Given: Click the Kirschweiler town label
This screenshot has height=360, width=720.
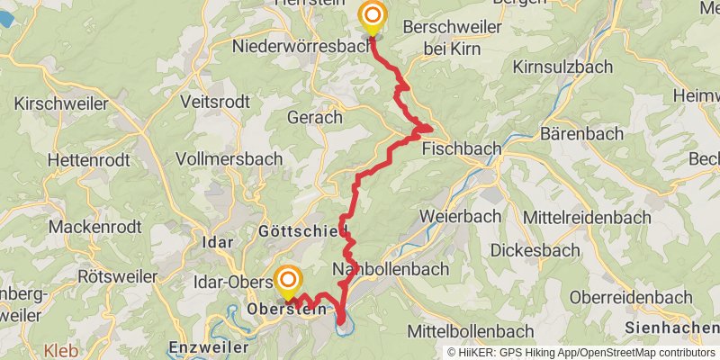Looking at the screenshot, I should click(x=61, y=103).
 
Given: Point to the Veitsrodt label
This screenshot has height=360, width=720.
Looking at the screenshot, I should click(x=215, y=101).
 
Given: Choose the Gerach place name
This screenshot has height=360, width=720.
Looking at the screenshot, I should click(x=314, y=117).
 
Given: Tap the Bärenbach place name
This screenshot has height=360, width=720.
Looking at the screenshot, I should click(x=581, y=134).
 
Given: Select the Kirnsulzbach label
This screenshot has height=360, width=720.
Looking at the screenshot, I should click(x=562, y=67).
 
